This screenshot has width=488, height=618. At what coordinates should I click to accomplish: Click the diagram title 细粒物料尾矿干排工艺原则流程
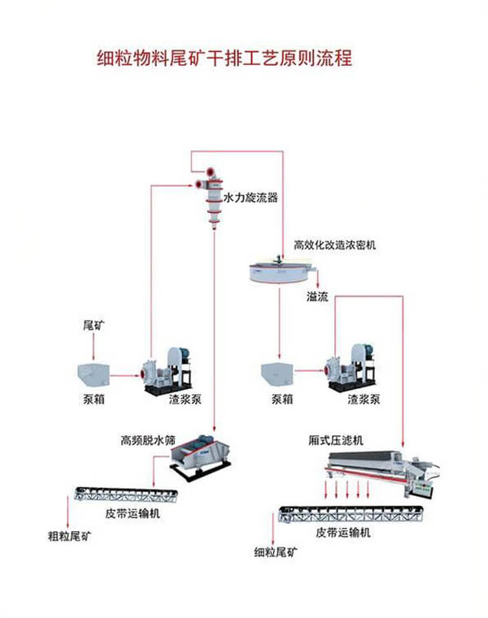pyautogui.click(x=224, y=58)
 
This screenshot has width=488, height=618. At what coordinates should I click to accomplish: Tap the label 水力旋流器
pyautogui.click(x=251, y=197)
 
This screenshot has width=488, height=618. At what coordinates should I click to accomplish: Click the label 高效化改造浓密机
pyautogui.click(x=335, y=244)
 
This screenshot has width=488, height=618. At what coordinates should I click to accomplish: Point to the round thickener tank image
pyautogui.click(x=279, y=272)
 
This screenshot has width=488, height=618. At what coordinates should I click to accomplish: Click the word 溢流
pyautogui.click(x=317, y=296)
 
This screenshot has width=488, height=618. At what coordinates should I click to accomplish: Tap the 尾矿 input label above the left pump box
pyautogui.click(x=94, y=325)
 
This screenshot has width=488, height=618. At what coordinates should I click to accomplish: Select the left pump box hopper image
pyautogui.click(x=93, y=374)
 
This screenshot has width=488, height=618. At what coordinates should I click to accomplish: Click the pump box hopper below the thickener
pyautogui.click(x=280, y=375)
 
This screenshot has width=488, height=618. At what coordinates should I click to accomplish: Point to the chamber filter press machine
pyautogui.click(x=382, y=472)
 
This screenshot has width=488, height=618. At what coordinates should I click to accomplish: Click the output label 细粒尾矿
pyautogui.click(x=277, y=552)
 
